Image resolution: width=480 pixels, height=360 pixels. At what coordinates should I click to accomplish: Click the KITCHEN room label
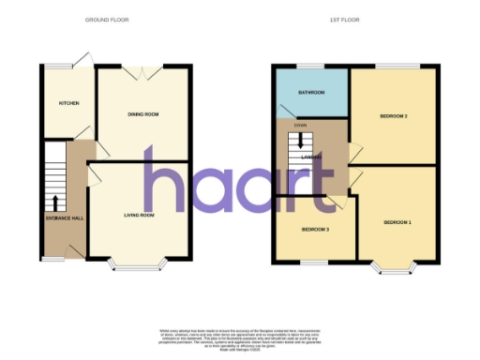pyautogui.click(x=69, y=103)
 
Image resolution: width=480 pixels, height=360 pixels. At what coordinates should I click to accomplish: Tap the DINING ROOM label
pyautogui.click(x=143, y=114)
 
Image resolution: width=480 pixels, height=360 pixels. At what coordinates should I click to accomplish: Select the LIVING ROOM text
pyautogui.click(x=140, y=215)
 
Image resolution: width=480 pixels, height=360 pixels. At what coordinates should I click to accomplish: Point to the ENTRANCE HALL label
pyautogui.click(x=65, y=218)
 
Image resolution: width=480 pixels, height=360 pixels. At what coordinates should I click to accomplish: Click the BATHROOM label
pyautogui.click(x=311, y=93)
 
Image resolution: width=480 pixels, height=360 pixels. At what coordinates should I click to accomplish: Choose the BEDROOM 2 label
pyautogui.click(x=393, y=116)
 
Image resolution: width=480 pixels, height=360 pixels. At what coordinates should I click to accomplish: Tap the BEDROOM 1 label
pyautogui.click(x=397, y=222)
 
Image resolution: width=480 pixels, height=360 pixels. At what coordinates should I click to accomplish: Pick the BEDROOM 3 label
pyautogui.click(x=314, y=229)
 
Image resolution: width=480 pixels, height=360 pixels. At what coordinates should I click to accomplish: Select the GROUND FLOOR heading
pyautogui.click(x=107, y=20)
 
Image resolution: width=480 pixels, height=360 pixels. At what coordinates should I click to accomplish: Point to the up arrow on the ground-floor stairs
pyautogui.click(x=55, y=202)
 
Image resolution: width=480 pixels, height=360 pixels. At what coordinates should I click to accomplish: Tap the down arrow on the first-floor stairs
pyautogui.click(x=300, y=142)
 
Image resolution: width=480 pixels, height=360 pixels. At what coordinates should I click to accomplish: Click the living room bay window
pyautogui.click(x=139, y=265)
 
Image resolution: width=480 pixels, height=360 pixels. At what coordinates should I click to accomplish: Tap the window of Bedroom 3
pyautogui.click(x=314, y=259)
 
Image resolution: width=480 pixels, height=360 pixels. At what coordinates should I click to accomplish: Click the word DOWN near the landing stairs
pyautogui.click(x=300, y=125)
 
